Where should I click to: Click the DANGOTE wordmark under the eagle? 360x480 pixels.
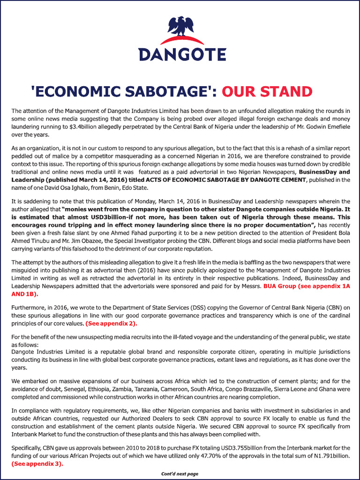pos(182,54)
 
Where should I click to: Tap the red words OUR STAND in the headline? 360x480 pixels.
pos(267,91)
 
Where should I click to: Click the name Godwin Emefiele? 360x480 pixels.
pos(326,126)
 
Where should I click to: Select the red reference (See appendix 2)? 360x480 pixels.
pos(111,323)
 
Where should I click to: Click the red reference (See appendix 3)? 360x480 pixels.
pos(37,463)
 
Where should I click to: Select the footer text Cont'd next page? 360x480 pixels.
pos(180,473)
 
